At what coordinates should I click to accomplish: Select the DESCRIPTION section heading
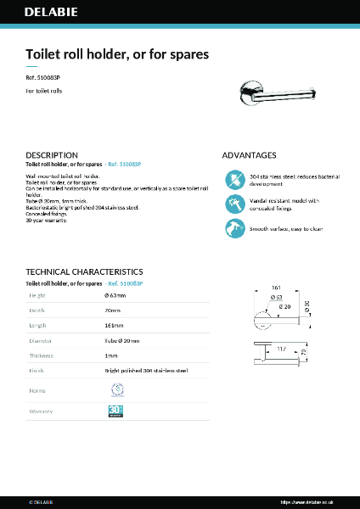(52, 155)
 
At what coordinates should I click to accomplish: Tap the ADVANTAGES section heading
(249, 155)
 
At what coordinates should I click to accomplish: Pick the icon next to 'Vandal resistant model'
(233, 204)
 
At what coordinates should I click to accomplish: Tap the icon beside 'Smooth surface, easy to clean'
(233, 228)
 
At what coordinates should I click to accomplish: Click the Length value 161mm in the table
(115, 325)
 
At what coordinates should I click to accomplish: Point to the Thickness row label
(42, 355)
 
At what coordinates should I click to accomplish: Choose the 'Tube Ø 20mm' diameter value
(122, 340)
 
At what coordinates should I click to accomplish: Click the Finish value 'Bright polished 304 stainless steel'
(145, 371)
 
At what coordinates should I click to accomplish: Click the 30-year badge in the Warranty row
(116, 411)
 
